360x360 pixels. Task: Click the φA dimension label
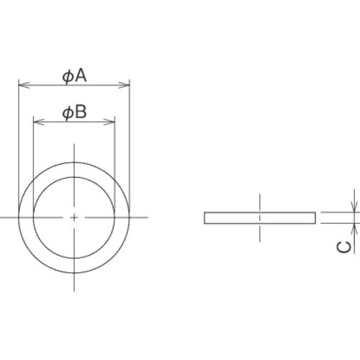tap(74, 76)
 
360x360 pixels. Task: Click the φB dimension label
tap(74, 112)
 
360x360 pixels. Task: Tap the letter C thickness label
tap(343, 247)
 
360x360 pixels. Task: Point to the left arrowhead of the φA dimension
tap(24, 85)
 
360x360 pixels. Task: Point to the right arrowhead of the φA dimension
tap(124, 85)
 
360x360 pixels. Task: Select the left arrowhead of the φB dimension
tap(39, 122)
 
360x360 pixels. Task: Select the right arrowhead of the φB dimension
tap(109, 122)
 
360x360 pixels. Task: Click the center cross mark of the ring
tap(74, 217)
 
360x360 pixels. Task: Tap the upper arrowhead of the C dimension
tap(354, 207)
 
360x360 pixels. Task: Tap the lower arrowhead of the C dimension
tap(354, 229)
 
